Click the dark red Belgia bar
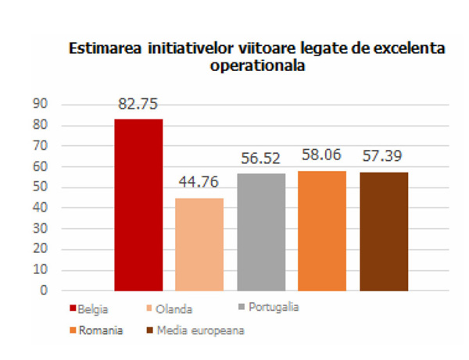click(x=139, y=205)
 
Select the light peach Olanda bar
click(x=200, y=244)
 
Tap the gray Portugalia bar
click(x=261, y=232)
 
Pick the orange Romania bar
click(x=322, y=230)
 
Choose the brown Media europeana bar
click(x=383, y=231)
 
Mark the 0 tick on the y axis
click(x=45, y=290)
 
